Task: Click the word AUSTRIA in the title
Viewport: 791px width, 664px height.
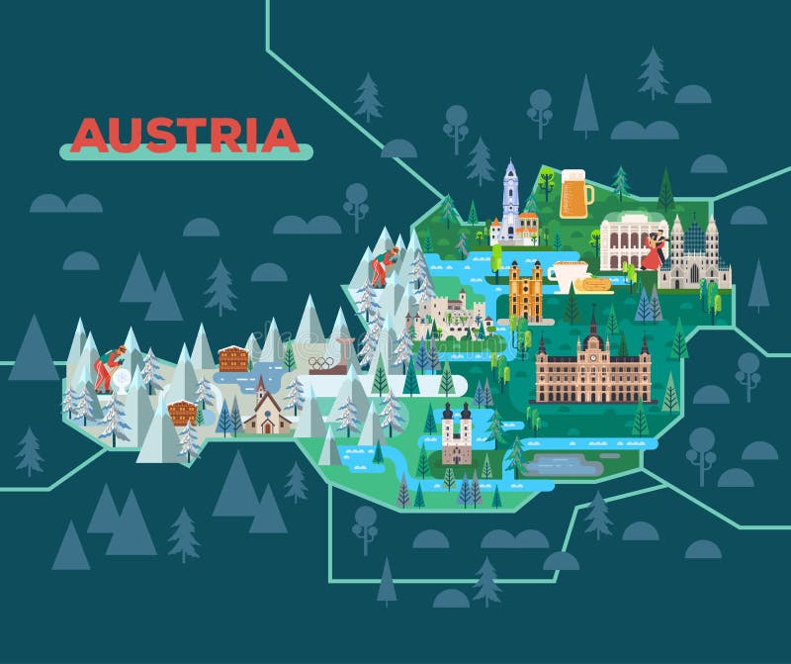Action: (x=185, y=135)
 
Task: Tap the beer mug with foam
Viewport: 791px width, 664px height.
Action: (x=575, y=194)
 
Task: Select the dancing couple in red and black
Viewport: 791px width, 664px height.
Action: (x=654, y=253)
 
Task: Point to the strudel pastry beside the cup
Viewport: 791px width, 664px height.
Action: (x=593, y=286)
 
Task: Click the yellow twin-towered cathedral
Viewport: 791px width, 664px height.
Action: (x=526, y=291)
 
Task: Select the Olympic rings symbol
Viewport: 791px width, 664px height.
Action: (x=322, y=362)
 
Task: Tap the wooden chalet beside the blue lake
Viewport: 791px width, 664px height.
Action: (x=233, y=358)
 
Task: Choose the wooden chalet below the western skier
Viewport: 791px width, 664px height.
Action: (x=182, y=412)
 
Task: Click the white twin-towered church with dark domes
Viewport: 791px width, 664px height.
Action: (x=456, y=433)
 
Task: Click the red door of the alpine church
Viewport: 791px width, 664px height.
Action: (x=262, y=426)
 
